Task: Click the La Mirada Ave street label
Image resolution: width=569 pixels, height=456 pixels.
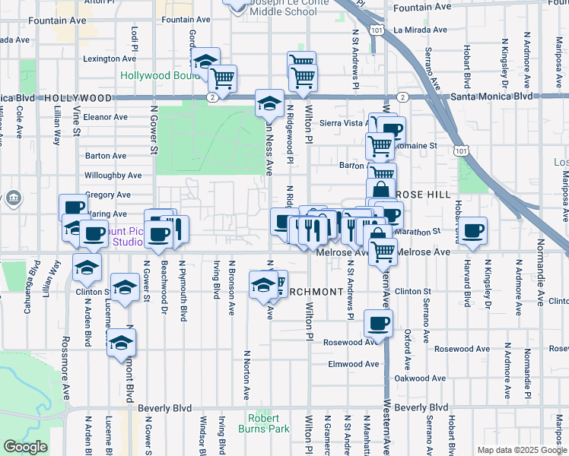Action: [420, 30]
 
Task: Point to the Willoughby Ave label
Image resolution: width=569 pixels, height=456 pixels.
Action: [113, 175]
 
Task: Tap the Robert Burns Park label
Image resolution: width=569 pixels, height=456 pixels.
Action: [269, 423]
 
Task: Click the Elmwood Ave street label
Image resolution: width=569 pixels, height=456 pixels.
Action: [353, 364]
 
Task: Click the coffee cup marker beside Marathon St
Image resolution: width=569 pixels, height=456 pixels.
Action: [472, 230]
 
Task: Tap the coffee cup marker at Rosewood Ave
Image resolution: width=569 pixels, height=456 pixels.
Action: [378, 323]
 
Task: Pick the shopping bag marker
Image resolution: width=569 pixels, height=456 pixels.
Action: [380, 190]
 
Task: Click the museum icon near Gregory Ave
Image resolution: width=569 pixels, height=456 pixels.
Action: [14, 200]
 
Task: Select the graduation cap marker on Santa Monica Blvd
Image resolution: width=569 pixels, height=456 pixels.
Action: [269, 103]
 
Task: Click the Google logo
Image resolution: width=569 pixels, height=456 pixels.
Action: [25, 447]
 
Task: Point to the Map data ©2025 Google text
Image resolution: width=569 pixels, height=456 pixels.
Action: [521, 450]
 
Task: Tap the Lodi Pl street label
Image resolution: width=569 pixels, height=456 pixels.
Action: [135, 35]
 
